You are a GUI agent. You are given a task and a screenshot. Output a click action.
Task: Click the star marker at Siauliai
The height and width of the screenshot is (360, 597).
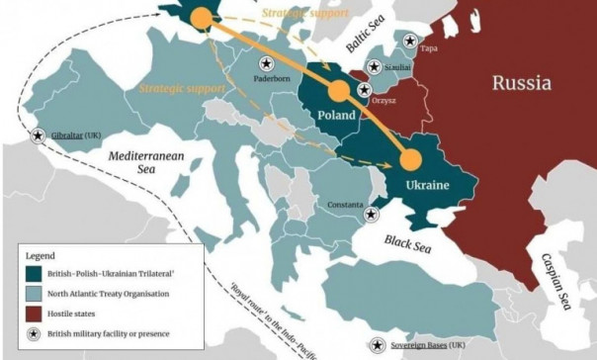[376, 66]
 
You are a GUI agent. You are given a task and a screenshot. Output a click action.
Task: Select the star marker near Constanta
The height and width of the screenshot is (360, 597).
[371, 214]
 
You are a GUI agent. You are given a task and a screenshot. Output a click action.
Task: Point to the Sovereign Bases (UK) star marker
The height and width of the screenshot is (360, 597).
[380, 346]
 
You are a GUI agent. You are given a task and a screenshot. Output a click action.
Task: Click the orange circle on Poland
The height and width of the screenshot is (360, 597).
[339, 92]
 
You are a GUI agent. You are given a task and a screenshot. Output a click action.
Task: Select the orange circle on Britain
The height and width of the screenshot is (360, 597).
[201, 17]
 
